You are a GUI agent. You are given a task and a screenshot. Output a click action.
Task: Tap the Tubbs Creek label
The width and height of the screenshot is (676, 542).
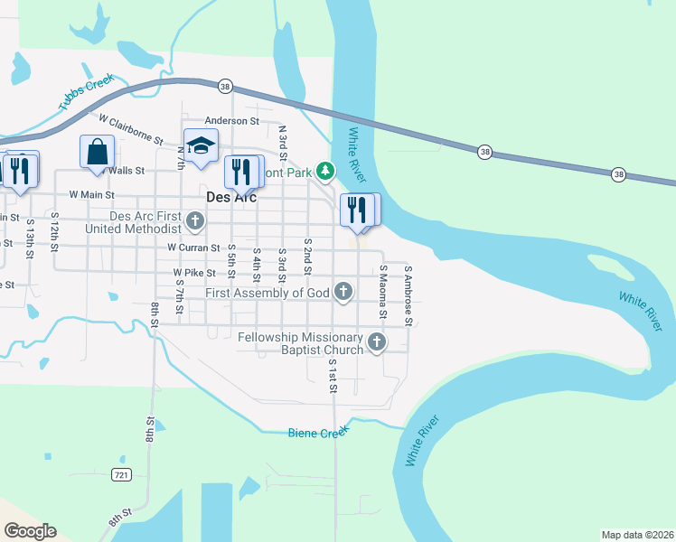tap(87, 91)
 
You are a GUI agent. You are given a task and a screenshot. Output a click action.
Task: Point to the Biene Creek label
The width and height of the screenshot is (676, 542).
tap(317, 434)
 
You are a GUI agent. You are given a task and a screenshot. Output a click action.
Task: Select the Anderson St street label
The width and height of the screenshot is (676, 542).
tap(231, 121)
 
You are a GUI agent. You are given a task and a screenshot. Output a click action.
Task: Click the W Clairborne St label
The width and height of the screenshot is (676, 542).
tap(131, 130)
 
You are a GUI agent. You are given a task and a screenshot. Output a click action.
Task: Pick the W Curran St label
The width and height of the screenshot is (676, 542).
tap(193, 248)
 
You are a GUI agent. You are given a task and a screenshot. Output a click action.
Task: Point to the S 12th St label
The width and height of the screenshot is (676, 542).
tap(54, 234)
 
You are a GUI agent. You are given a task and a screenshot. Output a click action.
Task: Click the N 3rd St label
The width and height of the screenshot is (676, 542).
tap(283, 143)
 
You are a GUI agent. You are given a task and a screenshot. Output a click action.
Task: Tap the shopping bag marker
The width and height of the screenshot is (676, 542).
tap(97, 152)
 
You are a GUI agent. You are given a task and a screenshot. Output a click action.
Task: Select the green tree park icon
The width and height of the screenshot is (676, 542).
tap(324, 171)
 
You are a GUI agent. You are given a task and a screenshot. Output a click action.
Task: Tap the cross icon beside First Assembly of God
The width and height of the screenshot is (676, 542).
tap(343, 291)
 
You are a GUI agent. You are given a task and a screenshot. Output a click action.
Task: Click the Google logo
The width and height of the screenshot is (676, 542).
tap(30, 530)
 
